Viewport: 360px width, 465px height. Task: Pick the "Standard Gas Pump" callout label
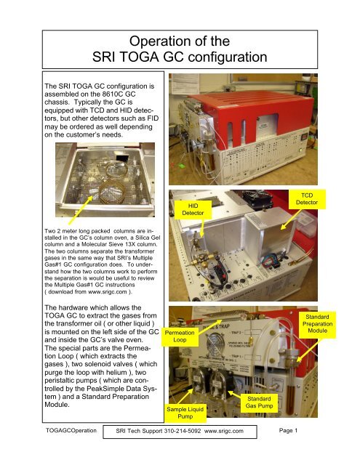click(259, 404)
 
